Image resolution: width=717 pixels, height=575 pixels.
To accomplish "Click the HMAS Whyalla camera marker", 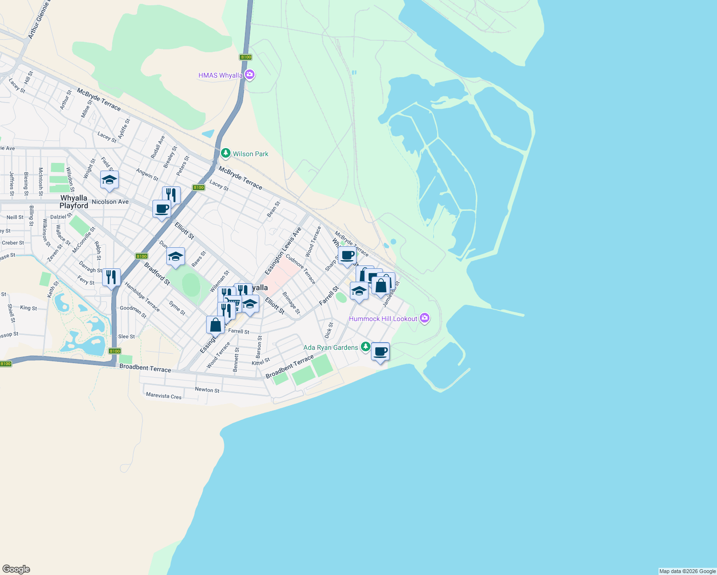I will (x=249, y=75).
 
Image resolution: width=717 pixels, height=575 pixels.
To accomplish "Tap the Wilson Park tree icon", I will (x=226, y=153).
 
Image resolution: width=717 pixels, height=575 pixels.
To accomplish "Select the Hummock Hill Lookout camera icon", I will (x=424, y=318).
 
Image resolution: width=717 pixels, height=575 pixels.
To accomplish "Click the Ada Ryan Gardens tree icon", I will (x=365, y=347).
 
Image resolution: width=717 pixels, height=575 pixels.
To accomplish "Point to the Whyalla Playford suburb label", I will (x=74, y=202).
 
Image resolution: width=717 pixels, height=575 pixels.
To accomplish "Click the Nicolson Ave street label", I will (x=110, y=202).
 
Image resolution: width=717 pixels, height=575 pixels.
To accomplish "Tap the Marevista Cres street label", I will (x=164, y=396).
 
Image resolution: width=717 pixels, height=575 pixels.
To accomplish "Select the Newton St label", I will (x=207, y=390).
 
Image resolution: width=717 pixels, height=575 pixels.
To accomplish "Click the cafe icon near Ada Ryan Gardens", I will (x=380, y=352).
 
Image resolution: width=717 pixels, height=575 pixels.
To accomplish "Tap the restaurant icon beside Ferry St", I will (x=111, y=277).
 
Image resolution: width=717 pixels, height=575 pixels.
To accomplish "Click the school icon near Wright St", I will (x=109, y=180).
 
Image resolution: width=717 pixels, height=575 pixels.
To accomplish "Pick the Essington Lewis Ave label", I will (x=283, y=251).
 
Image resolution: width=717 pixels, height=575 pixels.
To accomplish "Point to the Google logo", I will (x=16, y=569).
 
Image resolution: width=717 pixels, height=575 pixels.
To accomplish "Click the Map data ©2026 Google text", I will (x=687, y=571).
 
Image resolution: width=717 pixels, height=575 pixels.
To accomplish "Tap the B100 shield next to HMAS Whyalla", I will (x=246, y=57).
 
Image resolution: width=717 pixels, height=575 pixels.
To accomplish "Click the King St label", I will (x=28, y=308).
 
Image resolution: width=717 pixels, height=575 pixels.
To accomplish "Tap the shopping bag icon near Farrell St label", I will (x=216, y=325).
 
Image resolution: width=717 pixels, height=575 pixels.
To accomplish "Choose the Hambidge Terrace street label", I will (x=142, y=297).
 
